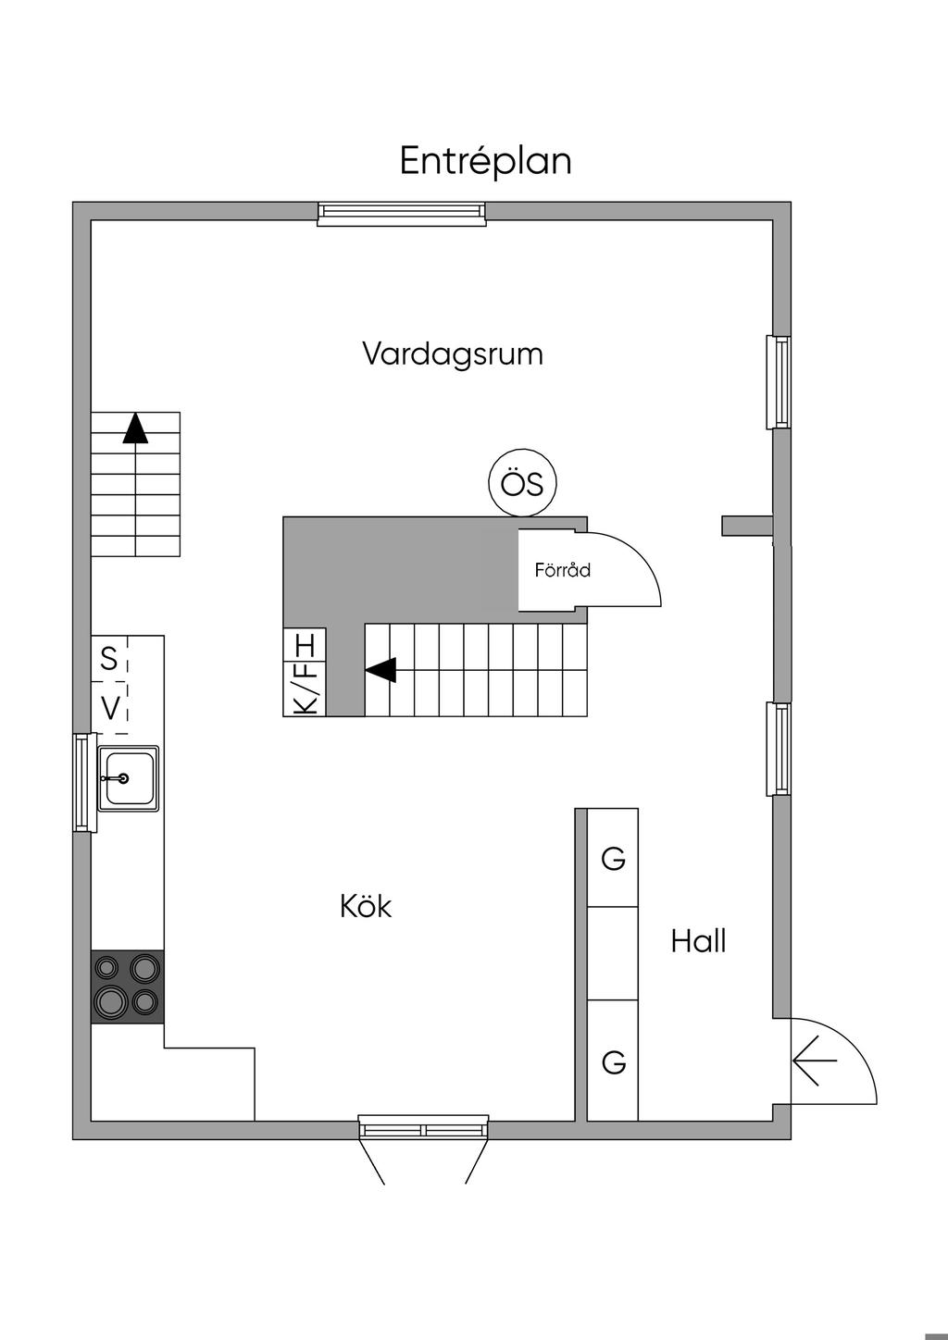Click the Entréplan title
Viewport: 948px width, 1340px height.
[x=485, y=161]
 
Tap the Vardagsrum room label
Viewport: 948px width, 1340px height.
[x=452, y=354]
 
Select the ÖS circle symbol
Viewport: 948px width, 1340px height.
[x=522, y=483]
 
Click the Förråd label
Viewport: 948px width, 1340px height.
[x=562, y=570]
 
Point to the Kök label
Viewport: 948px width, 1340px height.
[x=366, y=906]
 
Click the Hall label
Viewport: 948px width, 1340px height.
[x=698, y=942]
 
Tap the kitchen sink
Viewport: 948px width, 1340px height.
[x=128, y=778]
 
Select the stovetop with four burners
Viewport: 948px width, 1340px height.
[x=128, y=986]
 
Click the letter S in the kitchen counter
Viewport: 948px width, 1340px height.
[x=109, y=660]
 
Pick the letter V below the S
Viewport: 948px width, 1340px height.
[x=110, y=709]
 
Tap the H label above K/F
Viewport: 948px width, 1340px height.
[x=306, y=644]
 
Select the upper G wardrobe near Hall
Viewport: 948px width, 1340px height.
[x=613, y=859]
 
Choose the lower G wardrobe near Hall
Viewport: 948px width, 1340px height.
[x=613, y=1061]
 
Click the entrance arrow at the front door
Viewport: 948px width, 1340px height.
[x=815, y=1061]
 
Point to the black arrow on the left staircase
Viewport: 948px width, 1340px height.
[x=135, y=428]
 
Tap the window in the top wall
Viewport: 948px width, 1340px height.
[x=401, y=214]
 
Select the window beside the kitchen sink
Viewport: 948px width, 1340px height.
[x=83, y=782]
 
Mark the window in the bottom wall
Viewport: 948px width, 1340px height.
[x=424, y=1129]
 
